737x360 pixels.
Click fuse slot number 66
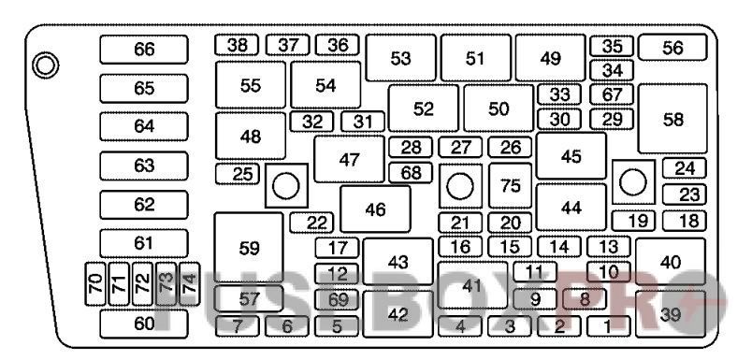[143, 49]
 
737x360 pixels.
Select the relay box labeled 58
[672, 119]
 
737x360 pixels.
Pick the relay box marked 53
[400, 58]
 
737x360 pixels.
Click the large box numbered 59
[248, 248]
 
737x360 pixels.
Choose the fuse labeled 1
[610, 326]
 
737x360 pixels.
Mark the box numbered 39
[670, 315]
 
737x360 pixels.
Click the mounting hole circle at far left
[43, 65]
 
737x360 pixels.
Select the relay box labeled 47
[349, 159]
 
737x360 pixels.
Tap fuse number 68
[411, 173]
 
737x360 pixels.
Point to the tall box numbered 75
[510, 185]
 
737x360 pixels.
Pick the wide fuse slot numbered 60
[143, 323]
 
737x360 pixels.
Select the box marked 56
[672, 48]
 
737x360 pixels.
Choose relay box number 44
[571, 207]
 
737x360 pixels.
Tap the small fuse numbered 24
[685, 168]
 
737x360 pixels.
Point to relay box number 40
[670, 262]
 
